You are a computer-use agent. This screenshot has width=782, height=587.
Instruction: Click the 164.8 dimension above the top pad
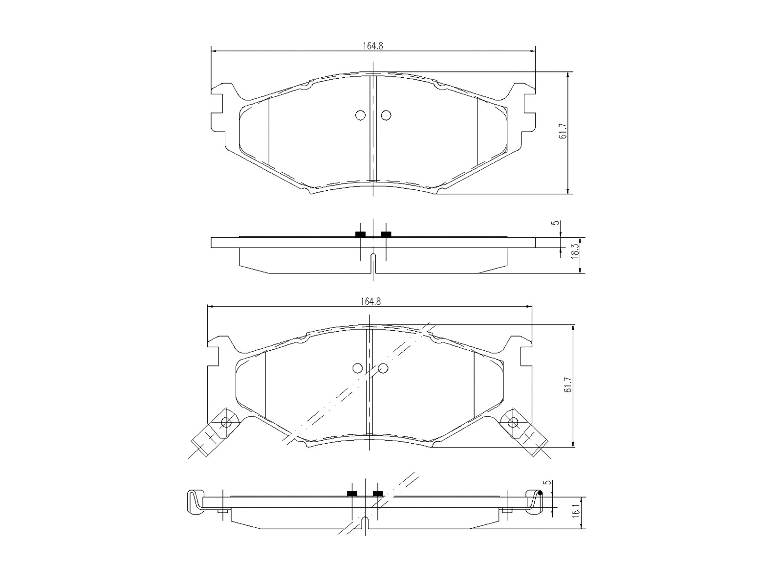372,45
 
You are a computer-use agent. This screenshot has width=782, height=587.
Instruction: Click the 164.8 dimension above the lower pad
370,302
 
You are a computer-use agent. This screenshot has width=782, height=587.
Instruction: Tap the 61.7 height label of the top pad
563,131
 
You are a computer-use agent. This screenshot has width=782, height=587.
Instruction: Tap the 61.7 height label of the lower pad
567,384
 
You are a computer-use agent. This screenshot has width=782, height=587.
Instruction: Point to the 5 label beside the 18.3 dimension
554,223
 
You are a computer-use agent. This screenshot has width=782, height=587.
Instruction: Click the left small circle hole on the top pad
360,115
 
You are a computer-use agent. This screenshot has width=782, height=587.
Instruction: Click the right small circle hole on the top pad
386,115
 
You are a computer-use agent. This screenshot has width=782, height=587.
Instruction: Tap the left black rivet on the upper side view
360,234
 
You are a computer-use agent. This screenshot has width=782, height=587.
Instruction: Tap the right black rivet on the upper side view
386,234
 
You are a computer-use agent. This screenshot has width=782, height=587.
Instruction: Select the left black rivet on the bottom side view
352,493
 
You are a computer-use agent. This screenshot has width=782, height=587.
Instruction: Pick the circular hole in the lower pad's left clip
226,422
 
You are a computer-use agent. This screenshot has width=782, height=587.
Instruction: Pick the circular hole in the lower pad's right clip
513,422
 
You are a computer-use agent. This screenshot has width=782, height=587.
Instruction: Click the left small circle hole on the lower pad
357,368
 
